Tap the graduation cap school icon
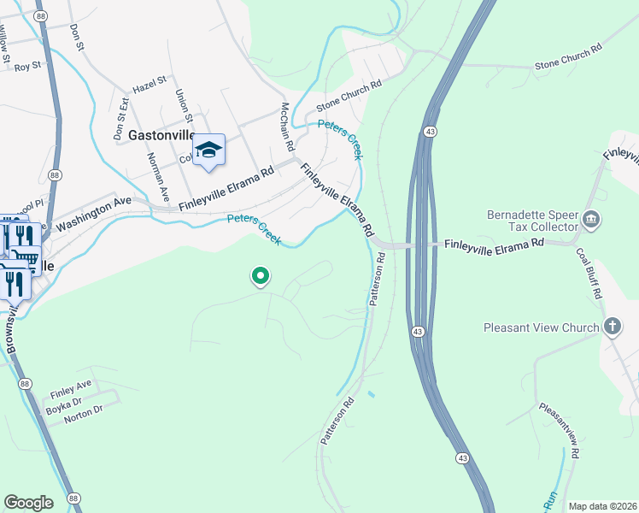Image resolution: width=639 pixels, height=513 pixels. click(x=208, y=150)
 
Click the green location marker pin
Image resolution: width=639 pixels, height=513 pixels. click(x=261, y=276)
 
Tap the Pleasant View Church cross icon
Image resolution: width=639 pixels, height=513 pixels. click(x=612, y=326)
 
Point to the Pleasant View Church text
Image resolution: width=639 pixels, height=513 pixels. click(x=540, y=327)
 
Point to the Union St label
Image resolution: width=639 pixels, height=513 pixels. click(x=185, y=106)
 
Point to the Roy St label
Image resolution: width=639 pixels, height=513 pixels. click(x=28, y=65)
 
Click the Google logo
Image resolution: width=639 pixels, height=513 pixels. click(x=28, y=503)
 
